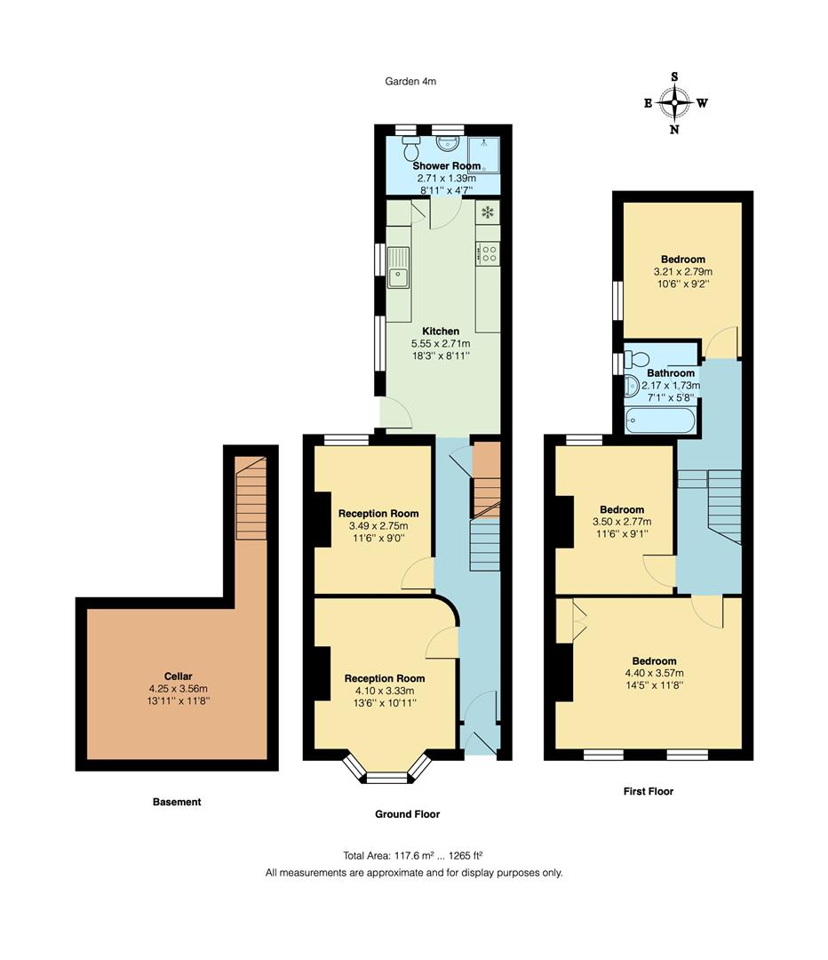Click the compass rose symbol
point(675,103)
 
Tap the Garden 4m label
point(410,81)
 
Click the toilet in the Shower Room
point(410,147)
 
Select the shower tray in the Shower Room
point(483,153)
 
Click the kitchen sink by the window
point(398,268)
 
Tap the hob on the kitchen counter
point(489,253)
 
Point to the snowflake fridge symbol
point(487,212)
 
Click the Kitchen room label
point(441,332)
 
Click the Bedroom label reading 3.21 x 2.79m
point(683,271)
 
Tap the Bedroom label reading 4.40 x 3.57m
point(654,673)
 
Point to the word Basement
point(177,802)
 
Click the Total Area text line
point(413,855)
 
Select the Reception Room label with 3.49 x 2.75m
point(378,525)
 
